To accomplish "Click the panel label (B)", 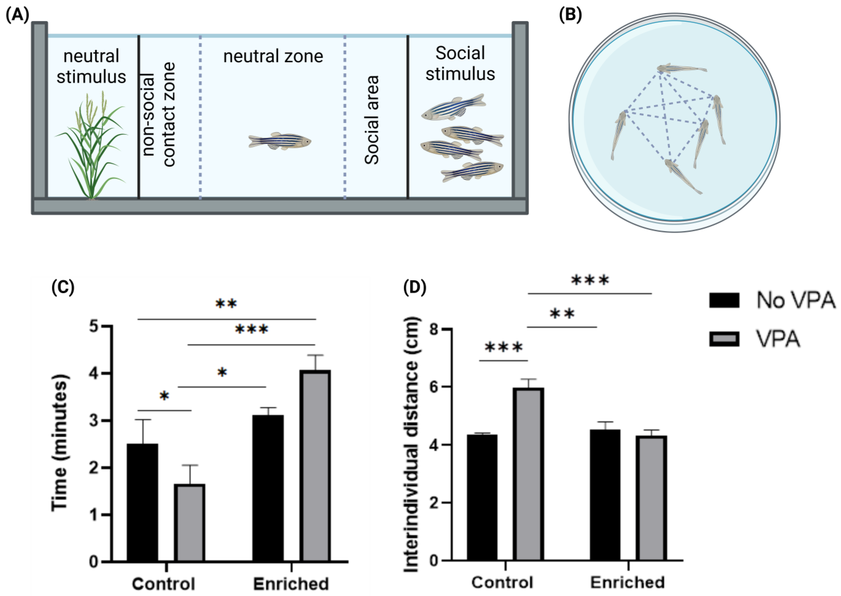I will point(570,15).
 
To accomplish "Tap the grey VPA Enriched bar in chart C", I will point(315,466).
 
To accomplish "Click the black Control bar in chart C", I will point(142,503).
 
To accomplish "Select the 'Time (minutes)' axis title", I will point(59,442).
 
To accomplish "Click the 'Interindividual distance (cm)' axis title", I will point(411,444).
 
